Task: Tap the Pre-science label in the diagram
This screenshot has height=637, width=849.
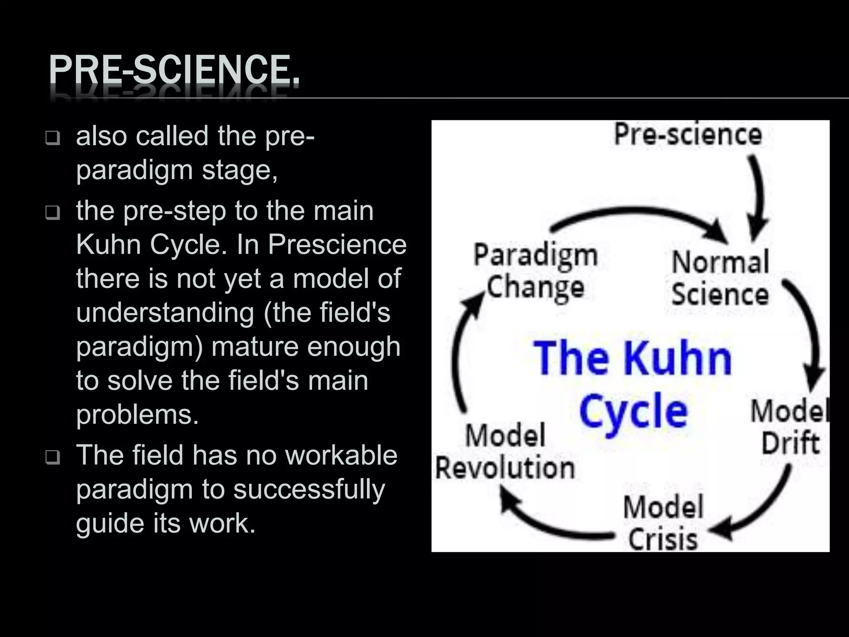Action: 688,135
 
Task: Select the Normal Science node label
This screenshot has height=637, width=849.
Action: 720,278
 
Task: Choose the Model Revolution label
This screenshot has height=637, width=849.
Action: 505,452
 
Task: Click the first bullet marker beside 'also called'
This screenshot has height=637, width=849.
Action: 53,138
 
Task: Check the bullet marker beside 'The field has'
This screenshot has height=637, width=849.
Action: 53,457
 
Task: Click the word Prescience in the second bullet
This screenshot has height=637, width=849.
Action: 337,245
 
